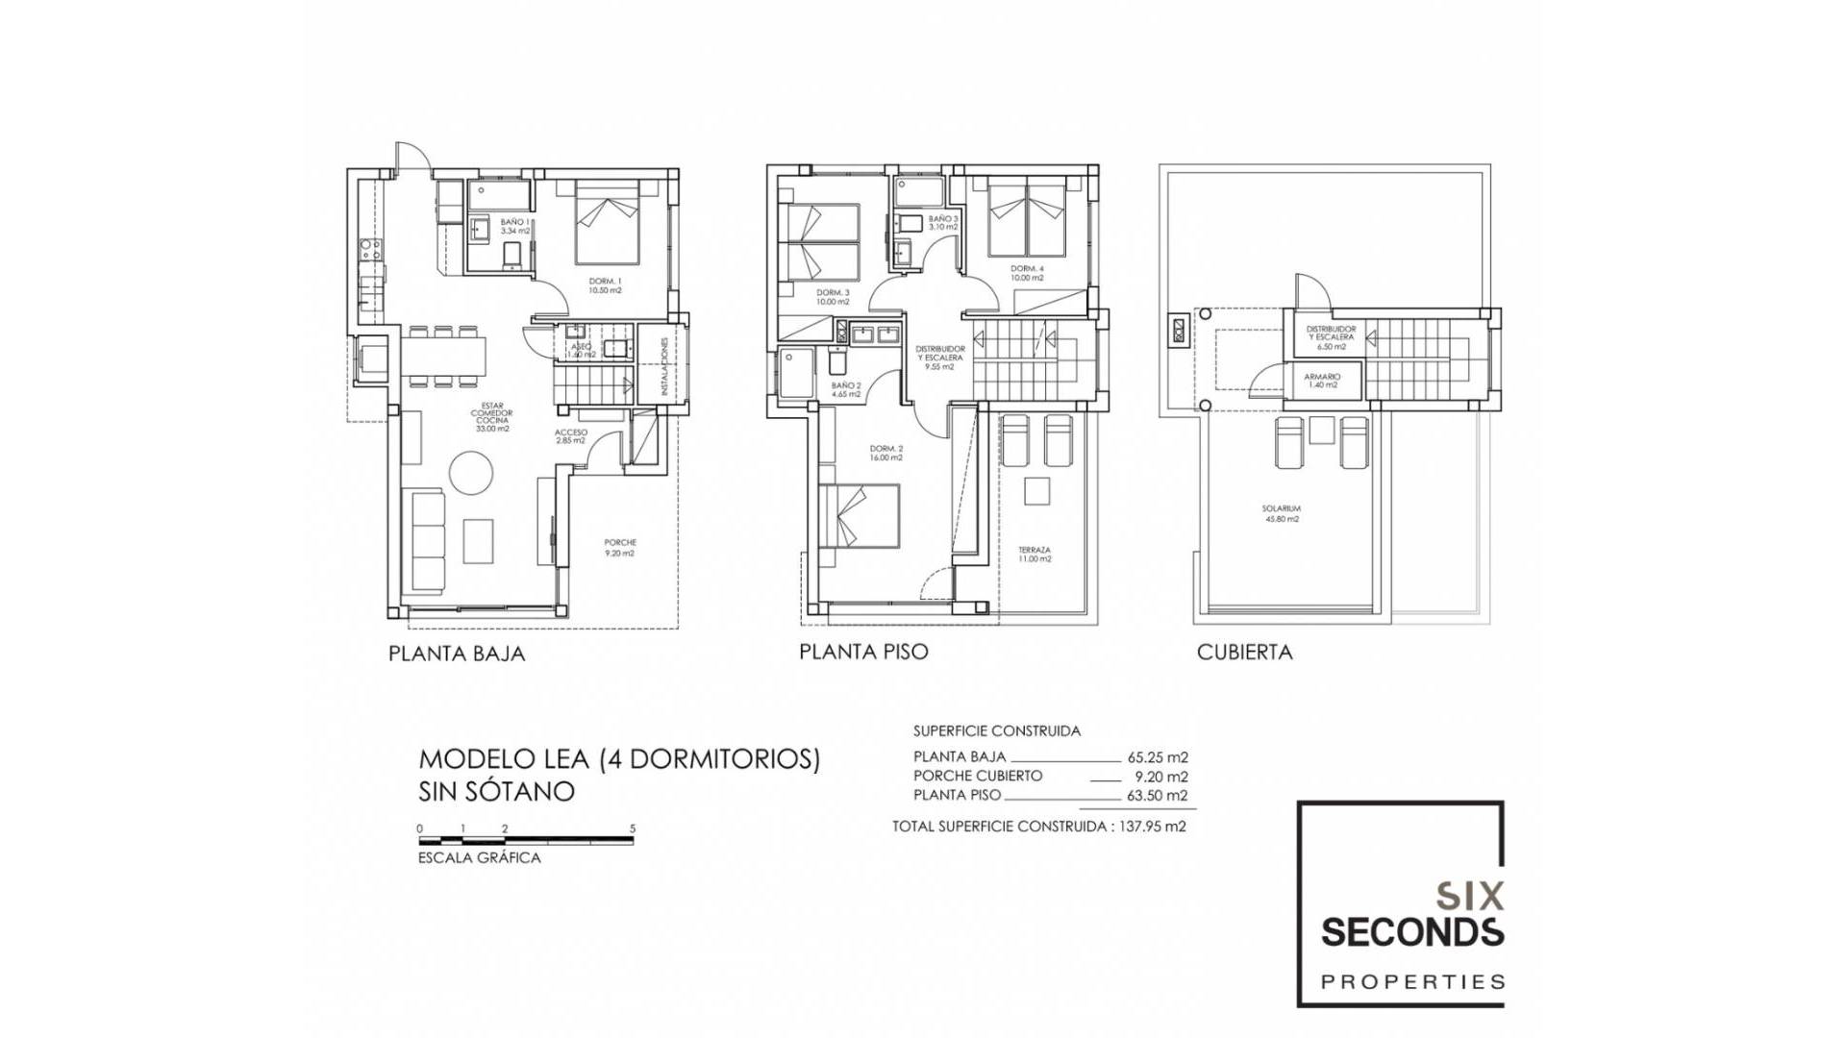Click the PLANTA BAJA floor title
click(457, 655)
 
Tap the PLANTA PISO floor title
click(863, 653)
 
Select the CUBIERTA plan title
click(1244, 653)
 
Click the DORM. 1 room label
click(606, 285)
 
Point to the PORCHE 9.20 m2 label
click(620, 548)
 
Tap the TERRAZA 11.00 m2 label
click(1035, 555)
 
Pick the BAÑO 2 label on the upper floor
click(846, 388)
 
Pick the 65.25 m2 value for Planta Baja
click(1158, 757)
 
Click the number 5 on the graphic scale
click(633, 828)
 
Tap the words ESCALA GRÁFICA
click(479, 858)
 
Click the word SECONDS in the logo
click(1412, 932)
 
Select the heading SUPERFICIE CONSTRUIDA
click(996, 731)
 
